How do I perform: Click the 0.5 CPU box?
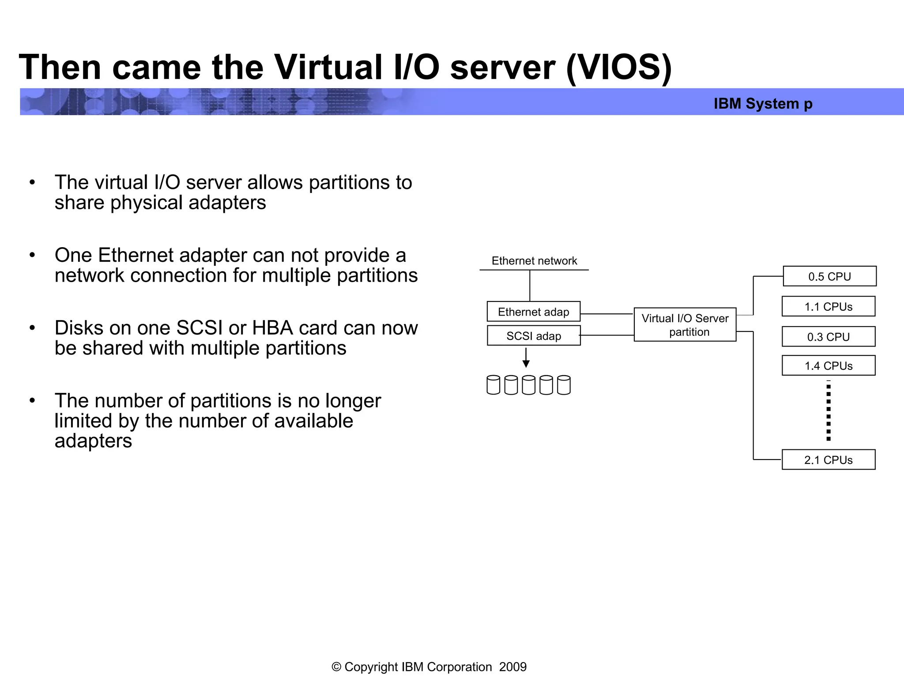tap(829, 276)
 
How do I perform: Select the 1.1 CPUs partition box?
tap(828, 306)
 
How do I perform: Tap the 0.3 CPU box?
tap(828, 337)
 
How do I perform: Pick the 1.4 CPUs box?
tap(828, 365)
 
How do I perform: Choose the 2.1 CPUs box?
tap(828, 460)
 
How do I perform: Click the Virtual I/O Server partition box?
tap(685, 325)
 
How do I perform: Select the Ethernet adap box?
tap(533, 312)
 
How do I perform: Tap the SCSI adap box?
tap(533, 336)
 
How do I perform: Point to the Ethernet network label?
tap(534, 261)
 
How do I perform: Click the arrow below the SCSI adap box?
tap(526, 358)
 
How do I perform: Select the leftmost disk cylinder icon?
tap(493, 385)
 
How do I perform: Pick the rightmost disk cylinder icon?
tap(564, 385)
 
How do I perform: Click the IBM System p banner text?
tap(763, 104)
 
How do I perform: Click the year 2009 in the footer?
tap(513, 667)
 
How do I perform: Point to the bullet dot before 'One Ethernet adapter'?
tap(32, 255)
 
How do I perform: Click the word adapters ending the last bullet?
tap(93, 441)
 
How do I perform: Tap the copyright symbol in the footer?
tap(336, 667)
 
